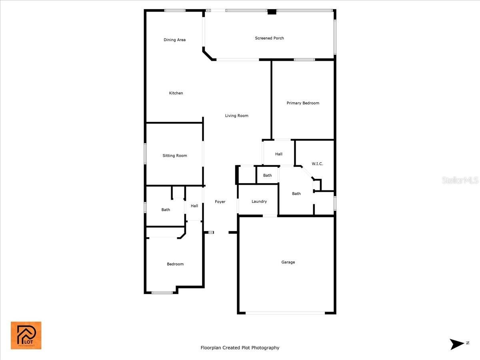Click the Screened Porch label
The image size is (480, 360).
(x=269, y=38)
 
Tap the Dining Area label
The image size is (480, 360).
(x=174, y=40)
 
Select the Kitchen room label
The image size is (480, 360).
(x=176, y=93)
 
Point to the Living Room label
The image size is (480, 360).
(x=237, y=116)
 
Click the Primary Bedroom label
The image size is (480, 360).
(x=303, y=103)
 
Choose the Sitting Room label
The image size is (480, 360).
(x=175, y=156)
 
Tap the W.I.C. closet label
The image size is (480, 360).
(x=317, y=164)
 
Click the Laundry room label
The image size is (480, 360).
(x=259, y=202)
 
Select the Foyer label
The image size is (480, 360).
(x=220, y=202)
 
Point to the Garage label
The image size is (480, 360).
(x=288, y=262)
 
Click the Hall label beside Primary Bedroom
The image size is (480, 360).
(x=278, y=154)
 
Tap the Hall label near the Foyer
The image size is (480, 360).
(x=194, y=206)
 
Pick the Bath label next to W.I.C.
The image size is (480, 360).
(x=296, y=194)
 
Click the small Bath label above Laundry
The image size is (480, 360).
(x=267, y=175)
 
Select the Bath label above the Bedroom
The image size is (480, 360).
(x=166, y=210)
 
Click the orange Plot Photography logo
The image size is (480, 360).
(x=26, y=335)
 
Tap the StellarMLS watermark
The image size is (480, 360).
(x=460, y=180)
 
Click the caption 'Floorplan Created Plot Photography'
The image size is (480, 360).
(x=240, y=348)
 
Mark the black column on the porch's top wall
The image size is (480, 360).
(x=272, y=12)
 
